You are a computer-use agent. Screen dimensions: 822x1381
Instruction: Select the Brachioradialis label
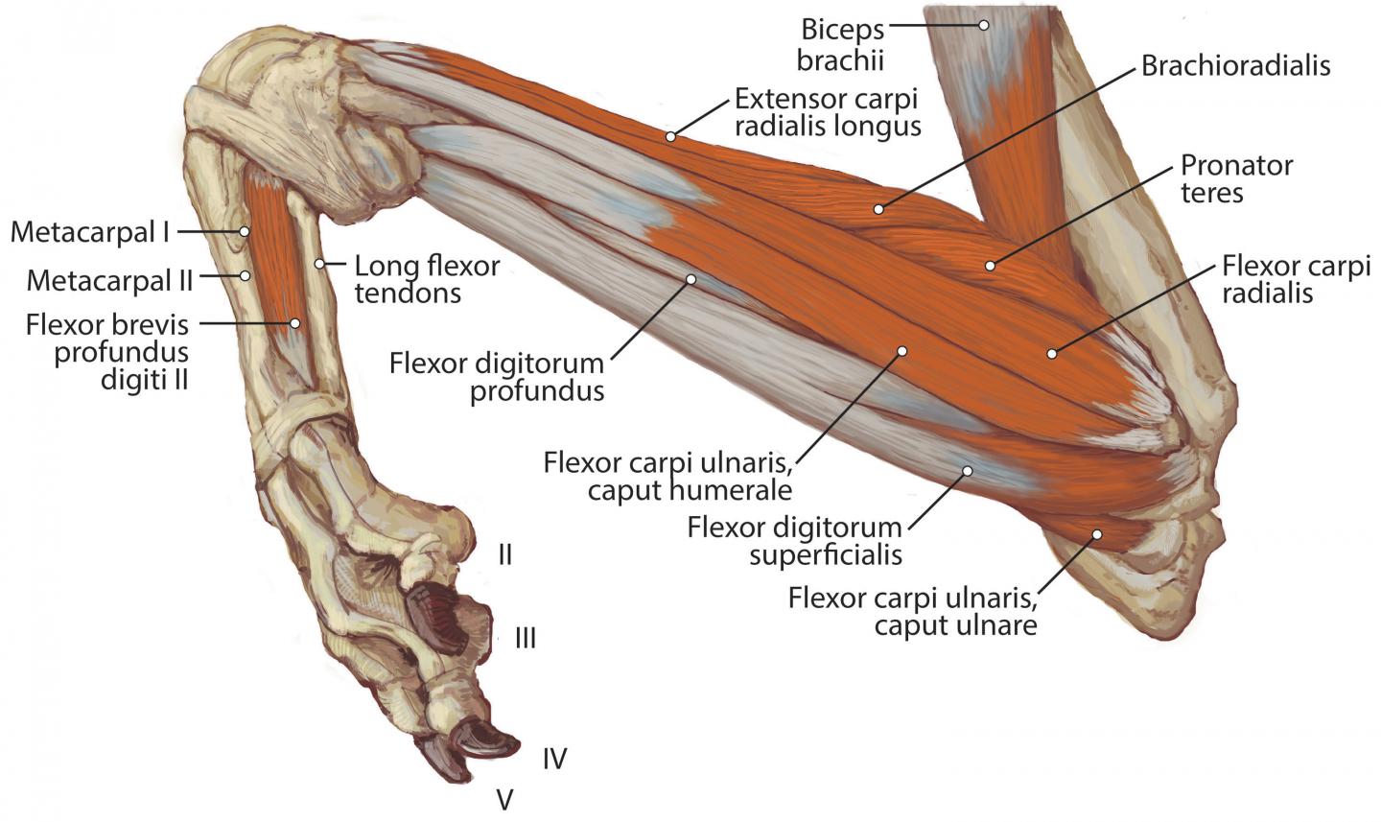[x=1235, y=65]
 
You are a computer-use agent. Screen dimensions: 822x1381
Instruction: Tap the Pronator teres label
[x=1236, y=178]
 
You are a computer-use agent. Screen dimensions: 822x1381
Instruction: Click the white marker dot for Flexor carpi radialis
[x=1051, y=354]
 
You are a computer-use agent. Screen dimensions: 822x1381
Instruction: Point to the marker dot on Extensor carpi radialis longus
[x=670, y=137]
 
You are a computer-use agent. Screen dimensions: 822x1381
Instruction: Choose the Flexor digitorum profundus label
[x=497, y=377]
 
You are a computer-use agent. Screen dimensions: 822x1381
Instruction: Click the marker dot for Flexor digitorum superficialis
[x=968, y=471]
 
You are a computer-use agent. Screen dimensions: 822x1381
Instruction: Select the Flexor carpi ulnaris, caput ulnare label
[x=912, y=612]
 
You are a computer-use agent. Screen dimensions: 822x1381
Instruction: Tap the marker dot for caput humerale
[x=901, y=351]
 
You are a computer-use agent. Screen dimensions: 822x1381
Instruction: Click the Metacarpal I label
[x=89, y=232]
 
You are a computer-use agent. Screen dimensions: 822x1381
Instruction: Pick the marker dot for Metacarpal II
[x=246, y=276]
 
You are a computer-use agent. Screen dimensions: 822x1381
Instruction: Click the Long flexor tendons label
[x=427, y=278]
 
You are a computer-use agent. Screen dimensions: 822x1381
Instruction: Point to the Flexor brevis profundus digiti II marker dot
[x=295, y=323]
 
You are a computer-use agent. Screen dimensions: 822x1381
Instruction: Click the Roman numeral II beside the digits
[x=504, y=554]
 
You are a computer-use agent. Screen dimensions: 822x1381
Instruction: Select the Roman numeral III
[x=525, y=638]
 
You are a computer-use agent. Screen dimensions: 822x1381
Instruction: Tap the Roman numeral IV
[x=554, y=759]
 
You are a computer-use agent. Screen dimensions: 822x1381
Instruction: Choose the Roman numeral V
[x=504, y=799]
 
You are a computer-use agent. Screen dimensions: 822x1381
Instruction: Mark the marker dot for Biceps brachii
[x=983, y=25]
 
